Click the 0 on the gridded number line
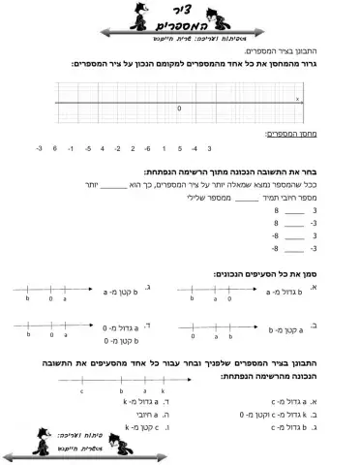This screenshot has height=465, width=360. (x=179, y=108)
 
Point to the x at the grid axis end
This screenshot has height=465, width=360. (x=297, y=98)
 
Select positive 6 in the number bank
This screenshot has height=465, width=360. (x=55, y=148)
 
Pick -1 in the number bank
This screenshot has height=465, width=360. (x=71, y=148)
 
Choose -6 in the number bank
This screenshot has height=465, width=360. (x=146, y=148)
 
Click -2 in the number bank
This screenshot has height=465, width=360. (x=117, y=148)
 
